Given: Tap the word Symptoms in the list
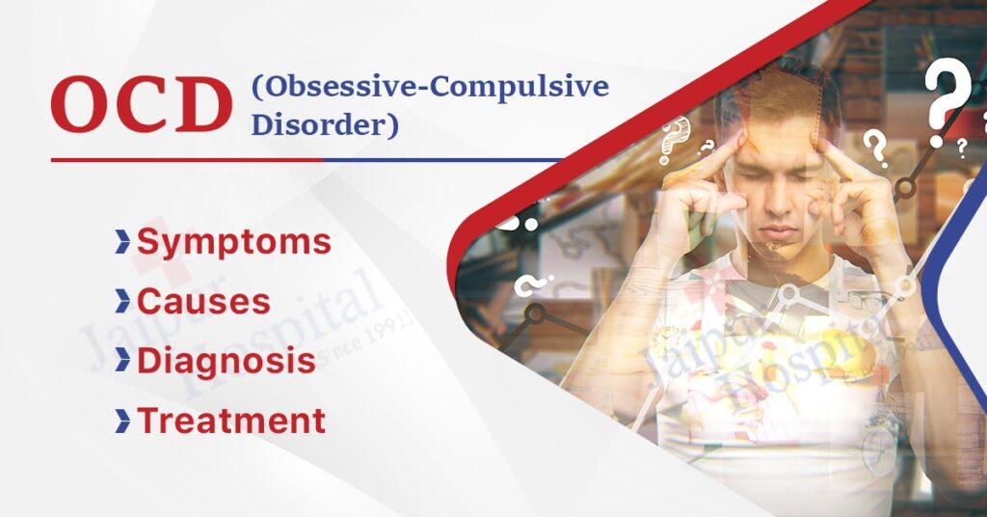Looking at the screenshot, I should [234, 242].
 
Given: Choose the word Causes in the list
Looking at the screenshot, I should [203, 301].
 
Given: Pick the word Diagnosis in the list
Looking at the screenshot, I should [227, 360].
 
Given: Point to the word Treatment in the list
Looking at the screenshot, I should [231, 420].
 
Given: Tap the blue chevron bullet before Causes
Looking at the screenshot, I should [122, 302].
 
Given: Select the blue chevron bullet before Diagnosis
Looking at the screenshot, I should [122, 361].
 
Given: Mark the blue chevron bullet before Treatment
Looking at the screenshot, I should [122, 421].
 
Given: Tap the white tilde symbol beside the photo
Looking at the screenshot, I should [527, 286].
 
